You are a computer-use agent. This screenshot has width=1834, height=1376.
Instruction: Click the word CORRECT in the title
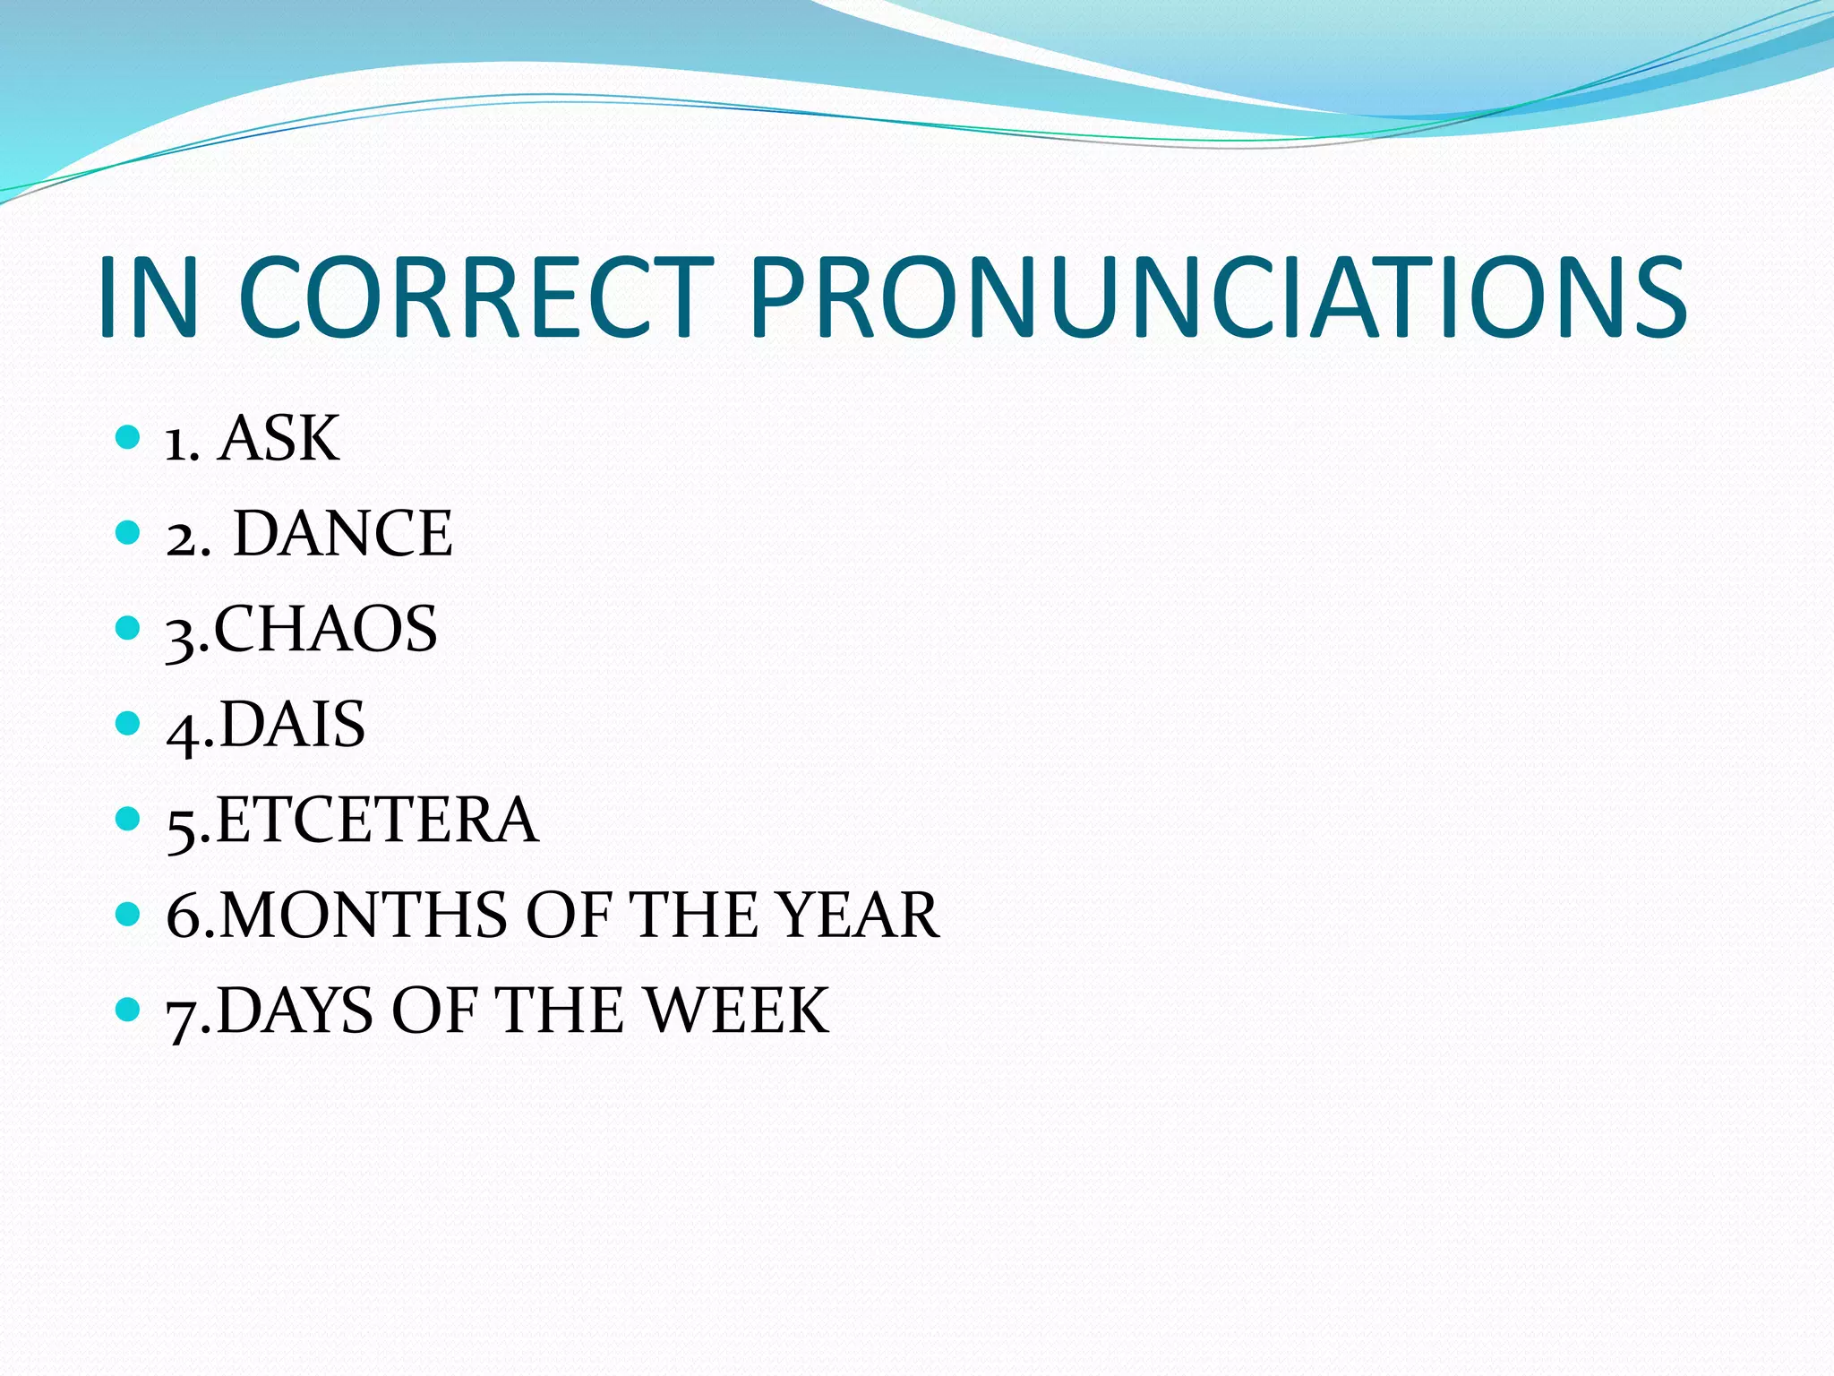coord(476,297)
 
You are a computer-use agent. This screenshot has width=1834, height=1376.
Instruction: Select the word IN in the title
coord(148,297)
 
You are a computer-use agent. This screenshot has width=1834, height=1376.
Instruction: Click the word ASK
coord(279,439)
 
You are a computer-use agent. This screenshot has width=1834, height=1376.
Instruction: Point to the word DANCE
coord(343,534)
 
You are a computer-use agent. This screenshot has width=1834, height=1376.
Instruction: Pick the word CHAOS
coord(325,629)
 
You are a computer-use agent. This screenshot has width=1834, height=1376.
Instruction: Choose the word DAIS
coord(292,724)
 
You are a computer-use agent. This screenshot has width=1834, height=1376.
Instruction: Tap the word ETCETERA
coord(377,820)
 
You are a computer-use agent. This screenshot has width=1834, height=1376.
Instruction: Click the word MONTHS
coord(364,916)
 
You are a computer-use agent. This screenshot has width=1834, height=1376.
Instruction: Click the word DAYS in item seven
coord(295,1010)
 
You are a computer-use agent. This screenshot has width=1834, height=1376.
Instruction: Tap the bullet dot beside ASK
coord(129,437)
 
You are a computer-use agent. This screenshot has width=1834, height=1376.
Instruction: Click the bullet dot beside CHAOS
coord(129,627)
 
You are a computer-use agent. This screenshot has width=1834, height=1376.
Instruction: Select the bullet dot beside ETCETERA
coord(129,818)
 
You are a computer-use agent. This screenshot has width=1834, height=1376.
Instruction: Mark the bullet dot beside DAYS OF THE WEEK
coord(129,1010)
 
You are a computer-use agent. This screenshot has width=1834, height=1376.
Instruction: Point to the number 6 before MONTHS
coord(184,916)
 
